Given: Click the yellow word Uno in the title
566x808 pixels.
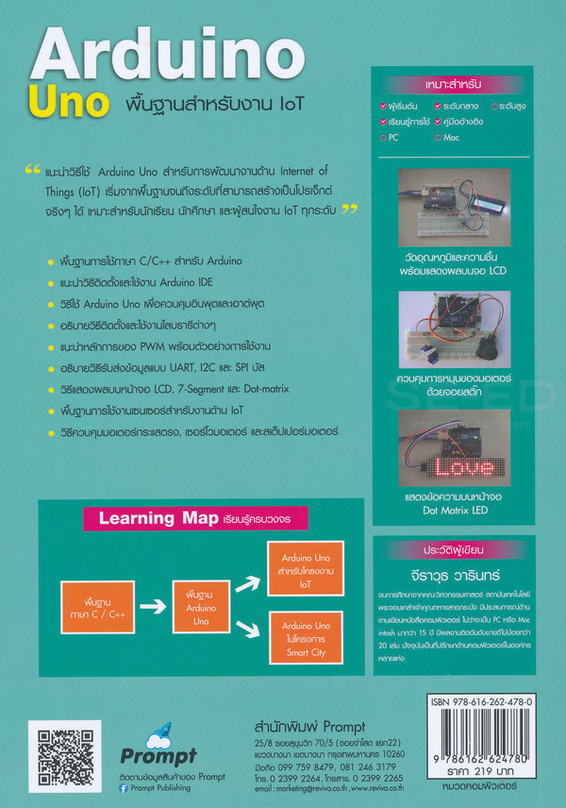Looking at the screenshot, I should point(68,101).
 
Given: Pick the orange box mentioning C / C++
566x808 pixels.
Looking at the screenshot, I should point(98,599).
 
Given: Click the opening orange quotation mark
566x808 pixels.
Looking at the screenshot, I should point(31,172).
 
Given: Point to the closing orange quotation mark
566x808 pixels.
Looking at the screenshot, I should point(350,209).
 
